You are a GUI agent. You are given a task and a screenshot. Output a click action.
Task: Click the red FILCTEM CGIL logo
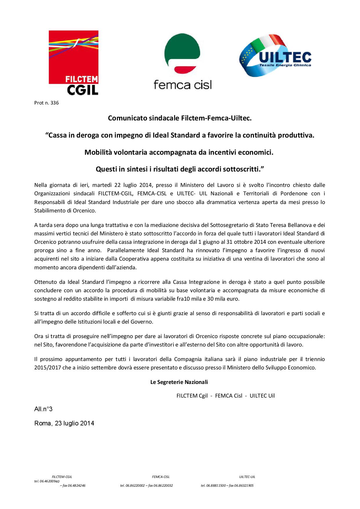[73, 62]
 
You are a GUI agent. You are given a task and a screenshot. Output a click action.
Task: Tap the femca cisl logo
[182, 61]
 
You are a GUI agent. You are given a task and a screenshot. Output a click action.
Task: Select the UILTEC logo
[275, 56]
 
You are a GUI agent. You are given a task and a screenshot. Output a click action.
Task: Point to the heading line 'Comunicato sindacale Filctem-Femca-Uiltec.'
[180, 118]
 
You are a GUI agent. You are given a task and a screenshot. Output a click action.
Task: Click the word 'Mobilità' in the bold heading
[97, 152]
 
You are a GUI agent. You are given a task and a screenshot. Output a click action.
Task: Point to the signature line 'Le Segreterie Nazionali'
[179, 382]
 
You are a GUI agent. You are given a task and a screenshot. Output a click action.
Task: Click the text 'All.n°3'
[43, 409]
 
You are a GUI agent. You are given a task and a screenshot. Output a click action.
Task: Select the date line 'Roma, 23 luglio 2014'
[64, 423]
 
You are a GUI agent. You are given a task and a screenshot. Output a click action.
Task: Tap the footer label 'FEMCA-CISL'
[161, 476]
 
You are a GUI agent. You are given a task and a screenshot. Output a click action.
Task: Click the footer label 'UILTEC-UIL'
[247, 476]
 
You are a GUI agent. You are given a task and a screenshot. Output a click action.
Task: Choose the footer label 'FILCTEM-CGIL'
[62, 476]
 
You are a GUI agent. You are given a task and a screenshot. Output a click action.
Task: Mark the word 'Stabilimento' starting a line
[49, 211]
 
